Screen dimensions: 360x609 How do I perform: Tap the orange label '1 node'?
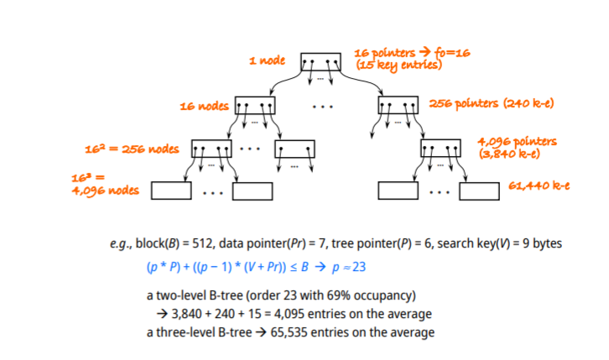click(x=268, y=61)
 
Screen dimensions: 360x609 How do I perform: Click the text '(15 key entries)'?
click(x=398, y=65)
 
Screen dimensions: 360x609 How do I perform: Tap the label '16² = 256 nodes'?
click(x=133, y=149)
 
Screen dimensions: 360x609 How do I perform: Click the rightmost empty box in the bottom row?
click(x=478, y=190)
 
